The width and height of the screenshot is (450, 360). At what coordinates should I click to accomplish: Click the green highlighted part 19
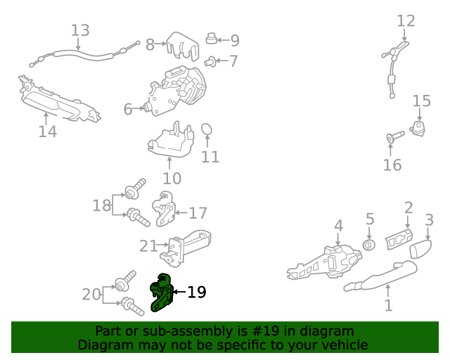162,292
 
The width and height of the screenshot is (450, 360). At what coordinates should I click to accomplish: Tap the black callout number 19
197,292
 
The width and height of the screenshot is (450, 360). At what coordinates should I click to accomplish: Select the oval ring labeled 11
207,129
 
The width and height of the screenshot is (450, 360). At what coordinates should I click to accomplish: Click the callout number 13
80,30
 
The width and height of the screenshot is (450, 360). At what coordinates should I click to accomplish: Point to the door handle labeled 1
380,276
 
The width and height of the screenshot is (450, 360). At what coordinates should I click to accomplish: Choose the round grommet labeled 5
369,245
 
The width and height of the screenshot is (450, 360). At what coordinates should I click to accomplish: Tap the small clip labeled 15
418,128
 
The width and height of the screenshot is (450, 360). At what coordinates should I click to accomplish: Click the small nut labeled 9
211,39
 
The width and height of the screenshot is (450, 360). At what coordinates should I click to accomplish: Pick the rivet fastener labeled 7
210,62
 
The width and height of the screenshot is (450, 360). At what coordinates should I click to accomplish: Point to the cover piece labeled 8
183,46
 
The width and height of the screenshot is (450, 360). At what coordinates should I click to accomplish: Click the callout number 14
48,131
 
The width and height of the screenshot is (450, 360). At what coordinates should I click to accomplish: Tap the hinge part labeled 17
164,209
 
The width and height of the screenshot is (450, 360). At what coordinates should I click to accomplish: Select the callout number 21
148,246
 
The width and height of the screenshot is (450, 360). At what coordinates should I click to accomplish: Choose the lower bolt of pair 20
132,307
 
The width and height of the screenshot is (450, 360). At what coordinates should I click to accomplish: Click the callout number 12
406,21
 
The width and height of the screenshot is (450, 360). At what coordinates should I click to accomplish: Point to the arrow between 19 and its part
179,292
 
